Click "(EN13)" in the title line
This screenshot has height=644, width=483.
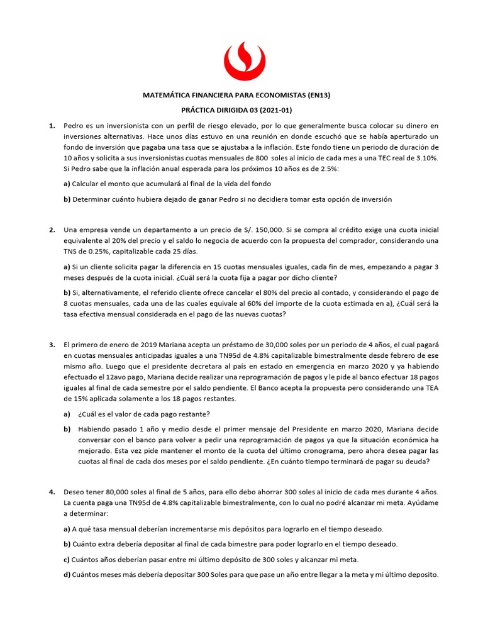click(x=318, y=96)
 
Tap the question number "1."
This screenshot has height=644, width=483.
click(x=53, y=126)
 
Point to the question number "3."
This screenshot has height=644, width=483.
click(x=53, y=345)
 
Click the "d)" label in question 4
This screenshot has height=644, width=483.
click(x=67, y=574)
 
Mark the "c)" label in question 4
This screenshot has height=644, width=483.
click(x=67, y=559)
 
